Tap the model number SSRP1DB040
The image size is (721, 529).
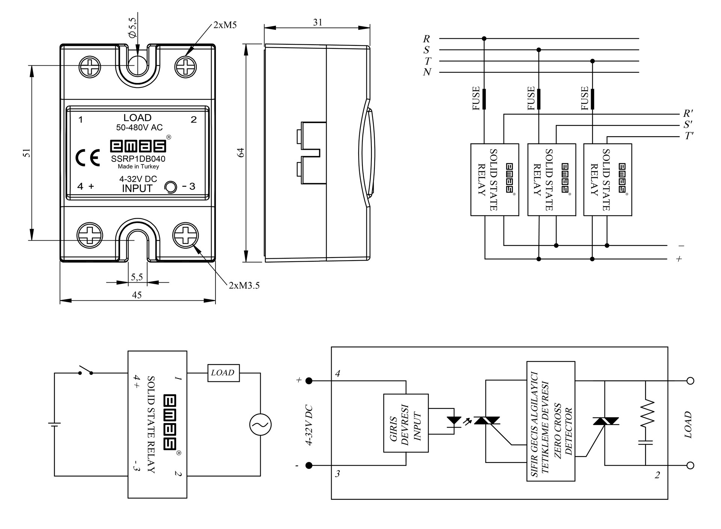click(x=138, y=159)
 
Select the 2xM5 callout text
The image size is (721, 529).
click(x=225, y=25)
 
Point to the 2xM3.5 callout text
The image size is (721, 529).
click(x=244, y=286)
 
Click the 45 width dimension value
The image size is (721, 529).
click(x=137, y=295)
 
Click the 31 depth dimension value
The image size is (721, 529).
click(x=318, y=23)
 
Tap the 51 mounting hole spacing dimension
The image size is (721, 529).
click(x=27, y=152)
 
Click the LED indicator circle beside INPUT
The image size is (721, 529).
click(x=171, y=187)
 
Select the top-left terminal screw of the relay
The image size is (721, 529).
click(x=90, y=67)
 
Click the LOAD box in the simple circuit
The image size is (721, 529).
click(x=223, y=373)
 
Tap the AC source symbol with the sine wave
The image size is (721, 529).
click(x=260, y=425)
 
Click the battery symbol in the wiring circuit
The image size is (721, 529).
click(x=54, y=424)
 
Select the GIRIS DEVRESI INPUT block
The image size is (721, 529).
click(x=406, y=423)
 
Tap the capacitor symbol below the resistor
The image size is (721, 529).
click(x=646, y=442)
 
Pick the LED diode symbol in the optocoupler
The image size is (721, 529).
click(x=455, y=420)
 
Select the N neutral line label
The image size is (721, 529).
click(x=427, y=72)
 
